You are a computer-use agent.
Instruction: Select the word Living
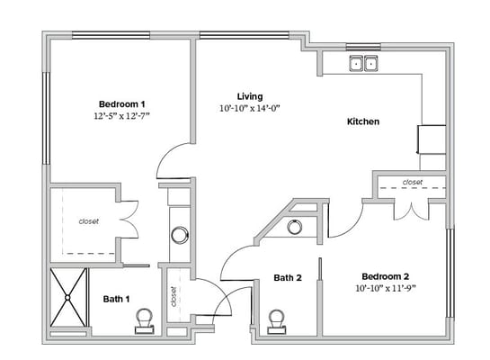(x=249, y=96)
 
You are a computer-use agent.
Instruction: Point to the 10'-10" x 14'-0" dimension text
(x=251, y=109)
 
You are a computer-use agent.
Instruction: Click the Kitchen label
(x=363, y=121)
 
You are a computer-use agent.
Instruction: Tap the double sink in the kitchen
(x=364, y=63)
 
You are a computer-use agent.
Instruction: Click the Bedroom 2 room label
(x=386, y=275)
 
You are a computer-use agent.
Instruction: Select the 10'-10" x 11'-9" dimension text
(x=385, y=289)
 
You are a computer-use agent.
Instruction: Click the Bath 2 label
(x=287, y=278)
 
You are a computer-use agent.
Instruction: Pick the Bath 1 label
(x=115, y=299)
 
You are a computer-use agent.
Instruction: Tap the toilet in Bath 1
(x=143, y=319)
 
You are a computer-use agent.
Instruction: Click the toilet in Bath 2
(x=277, y=319)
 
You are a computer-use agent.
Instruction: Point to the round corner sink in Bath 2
(x=295, y=227)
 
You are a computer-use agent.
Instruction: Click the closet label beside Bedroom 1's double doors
(x=88, y=220)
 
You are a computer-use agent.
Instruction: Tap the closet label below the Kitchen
(x=412, y=183)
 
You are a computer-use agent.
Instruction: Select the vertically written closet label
(x=172, y=294)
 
